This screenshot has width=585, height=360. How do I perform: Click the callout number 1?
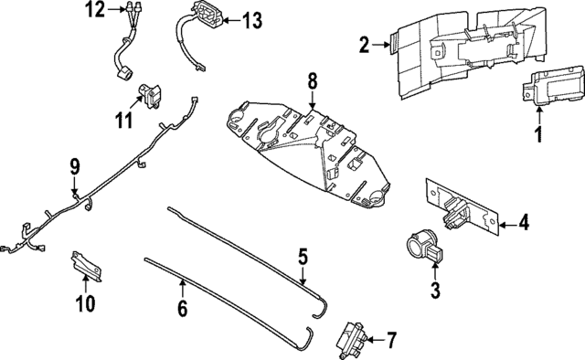(x=538, y=136)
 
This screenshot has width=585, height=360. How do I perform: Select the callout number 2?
(x=364, y=44)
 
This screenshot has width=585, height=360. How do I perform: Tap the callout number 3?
(x=435, y=291)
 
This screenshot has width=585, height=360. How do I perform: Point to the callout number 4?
(x=524, y=222)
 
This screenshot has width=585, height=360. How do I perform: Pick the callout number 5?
(x=303, y=257)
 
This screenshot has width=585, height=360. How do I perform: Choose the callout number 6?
(x=182, y=309)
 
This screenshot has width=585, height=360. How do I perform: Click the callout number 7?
(x=391, y=342)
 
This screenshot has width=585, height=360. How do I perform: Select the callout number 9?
(x=76, y=166)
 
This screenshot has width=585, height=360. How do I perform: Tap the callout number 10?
(x=84, y=303)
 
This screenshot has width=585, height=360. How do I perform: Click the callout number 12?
(x=96, y=11)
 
